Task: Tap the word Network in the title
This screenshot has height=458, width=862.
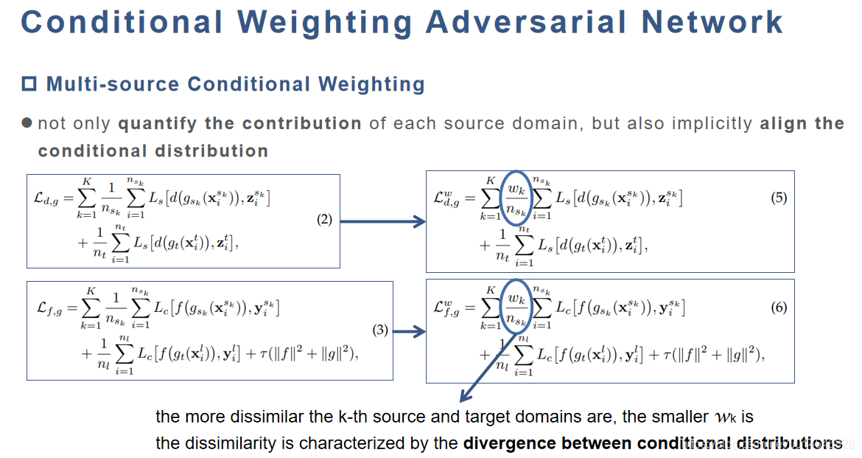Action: point(712,21)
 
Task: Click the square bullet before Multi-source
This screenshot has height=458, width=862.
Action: point(29,84)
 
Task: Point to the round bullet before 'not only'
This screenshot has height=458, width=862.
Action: point(27,122)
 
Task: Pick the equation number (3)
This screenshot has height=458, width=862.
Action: point(380,330)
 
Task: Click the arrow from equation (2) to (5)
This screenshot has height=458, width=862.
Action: point(383,221)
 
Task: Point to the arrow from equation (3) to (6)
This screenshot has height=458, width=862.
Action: point(410,332)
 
